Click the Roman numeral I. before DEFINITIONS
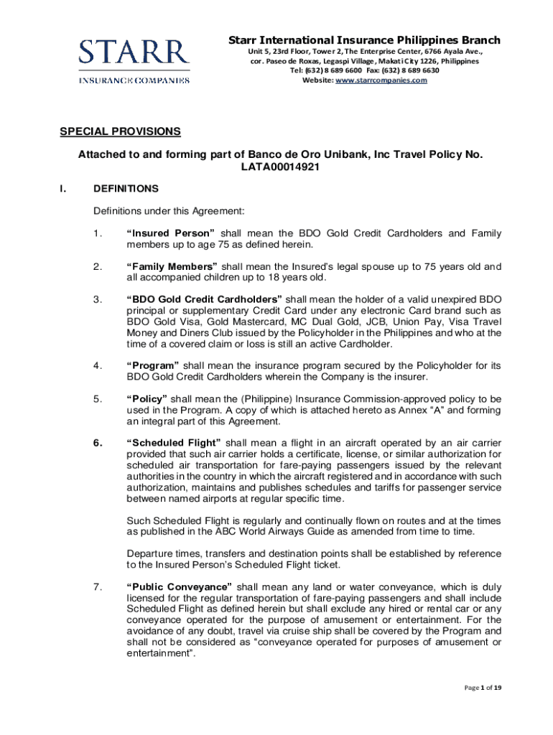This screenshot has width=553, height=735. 62,189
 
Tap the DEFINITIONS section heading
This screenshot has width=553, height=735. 126,189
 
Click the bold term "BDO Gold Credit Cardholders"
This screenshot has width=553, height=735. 206,299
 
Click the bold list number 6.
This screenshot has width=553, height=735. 97,442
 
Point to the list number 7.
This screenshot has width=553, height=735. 97,587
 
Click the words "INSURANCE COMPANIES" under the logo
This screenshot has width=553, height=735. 134,80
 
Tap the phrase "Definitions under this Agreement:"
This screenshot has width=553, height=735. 169,211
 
